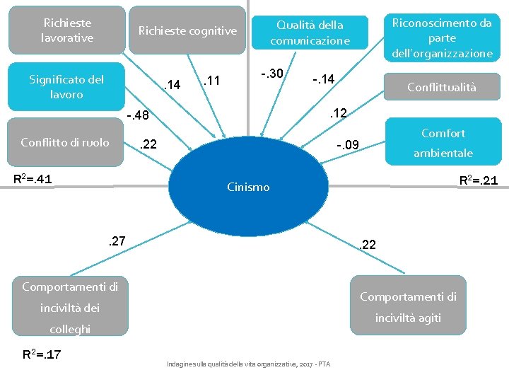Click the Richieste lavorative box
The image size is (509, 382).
point(68,30)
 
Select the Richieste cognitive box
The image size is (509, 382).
point(187,30)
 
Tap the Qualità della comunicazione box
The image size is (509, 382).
point(310,33)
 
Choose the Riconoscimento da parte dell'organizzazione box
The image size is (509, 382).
point(442,37)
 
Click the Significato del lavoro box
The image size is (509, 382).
point(66,86)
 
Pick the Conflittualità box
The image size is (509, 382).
point(441,88)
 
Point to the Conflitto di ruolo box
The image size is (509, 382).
point(65,142)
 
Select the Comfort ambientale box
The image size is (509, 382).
point(443,142)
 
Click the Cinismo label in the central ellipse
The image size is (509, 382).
point(248,187)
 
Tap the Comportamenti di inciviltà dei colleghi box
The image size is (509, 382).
point(70,307)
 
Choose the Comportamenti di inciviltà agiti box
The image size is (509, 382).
point(408,307)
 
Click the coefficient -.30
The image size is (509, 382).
point(271,73)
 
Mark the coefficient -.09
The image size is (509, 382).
point(348,146)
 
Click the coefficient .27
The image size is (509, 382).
point(116,241)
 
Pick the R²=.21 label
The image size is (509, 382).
point(478,180)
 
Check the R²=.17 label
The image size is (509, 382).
point(42,354)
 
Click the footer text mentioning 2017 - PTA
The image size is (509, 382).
point(248,364)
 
